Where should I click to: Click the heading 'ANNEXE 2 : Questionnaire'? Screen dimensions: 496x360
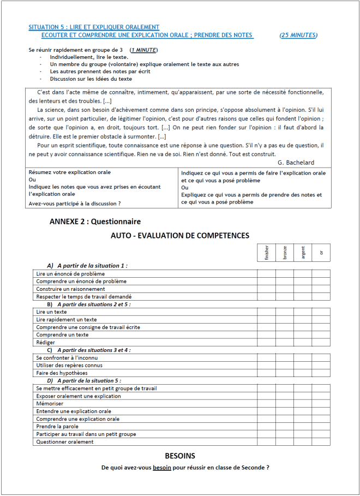[x=95, y=222]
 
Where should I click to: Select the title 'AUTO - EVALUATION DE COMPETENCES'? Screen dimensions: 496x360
[x=180, y=236]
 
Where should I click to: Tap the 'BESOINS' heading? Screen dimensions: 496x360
[x=180, y=456]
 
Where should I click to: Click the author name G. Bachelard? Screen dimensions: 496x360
[x=296, y=163]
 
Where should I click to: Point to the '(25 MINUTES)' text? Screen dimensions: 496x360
[x=298, y=35]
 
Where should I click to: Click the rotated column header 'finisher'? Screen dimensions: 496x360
[x=267, y=252]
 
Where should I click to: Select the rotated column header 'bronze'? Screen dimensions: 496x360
[x=285, y=253]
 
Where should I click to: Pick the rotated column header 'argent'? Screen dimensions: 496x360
[x=303, y=252]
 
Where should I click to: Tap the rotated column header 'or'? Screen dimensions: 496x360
[x=321, y=252]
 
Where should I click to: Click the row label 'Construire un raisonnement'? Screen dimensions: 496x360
[x=70, y=289]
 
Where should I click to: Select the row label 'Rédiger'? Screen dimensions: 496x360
[x=45, y=343]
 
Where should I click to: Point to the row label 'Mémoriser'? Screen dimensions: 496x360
[x=50, y=404]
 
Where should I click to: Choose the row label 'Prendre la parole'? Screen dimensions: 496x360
[x=57, y=427]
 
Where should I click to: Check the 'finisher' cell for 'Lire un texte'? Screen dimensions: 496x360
[x=267, y=312]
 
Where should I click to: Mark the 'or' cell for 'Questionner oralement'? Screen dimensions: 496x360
[x=321, y=442]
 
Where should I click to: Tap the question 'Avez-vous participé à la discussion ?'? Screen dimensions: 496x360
[x=75, y=204]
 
